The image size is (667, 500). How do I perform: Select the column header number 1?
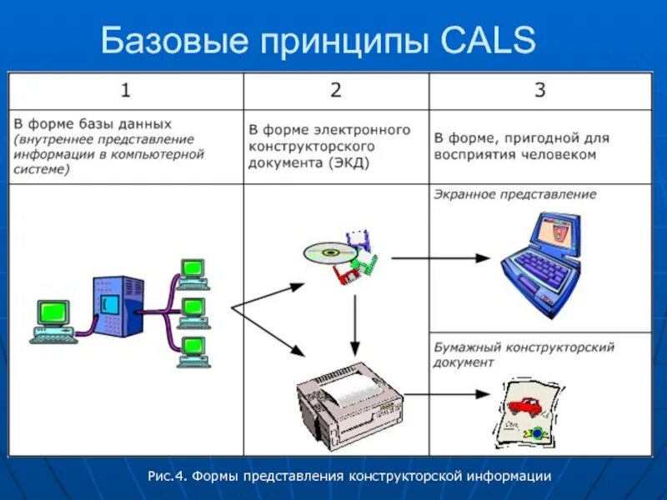(124, 90)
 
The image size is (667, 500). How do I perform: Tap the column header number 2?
(335, 90)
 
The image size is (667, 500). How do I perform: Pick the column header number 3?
(539, 90)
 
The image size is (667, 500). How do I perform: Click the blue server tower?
(112, 304)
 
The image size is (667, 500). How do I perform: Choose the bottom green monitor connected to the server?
(193, 349)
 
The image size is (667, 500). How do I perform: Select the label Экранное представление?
(514, 194)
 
